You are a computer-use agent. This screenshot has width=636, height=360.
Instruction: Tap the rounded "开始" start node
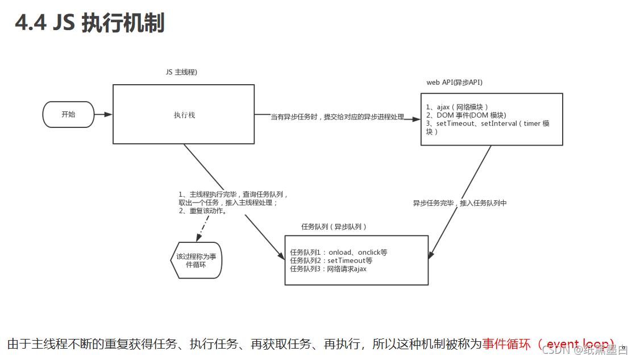tap(68, 114)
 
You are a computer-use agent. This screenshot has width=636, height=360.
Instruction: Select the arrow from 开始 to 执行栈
tap(103, 114)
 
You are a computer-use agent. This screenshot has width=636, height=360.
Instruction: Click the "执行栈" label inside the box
tap(184, 115)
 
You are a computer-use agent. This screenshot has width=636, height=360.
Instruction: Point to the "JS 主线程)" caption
tap(181, 72)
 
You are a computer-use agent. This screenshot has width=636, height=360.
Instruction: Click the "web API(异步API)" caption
tap(454, 82)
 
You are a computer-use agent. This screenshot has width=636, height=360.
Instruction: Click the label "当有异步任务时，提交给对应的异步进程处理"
tap(337, 117)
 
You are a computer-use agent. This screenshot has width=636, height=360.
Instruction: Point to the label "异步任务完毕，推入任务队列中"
tap(459, 203)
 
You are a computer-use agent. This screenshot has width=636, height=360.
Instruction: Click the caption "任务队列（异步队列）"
tap(334, 226)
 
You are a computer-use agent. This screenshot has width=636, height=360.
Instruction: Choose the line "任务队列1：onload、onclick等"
tap(338, 253)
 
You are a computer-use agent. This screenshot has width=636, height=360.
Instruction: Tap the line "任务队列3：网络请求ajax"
tap(328, 268)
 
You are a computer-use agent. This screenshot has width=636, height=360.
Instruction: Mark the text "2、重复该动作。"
tap(203, 210)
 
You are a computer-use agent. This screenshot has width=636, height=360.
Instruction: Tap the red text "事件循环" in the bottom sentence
tap(506, 344)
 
